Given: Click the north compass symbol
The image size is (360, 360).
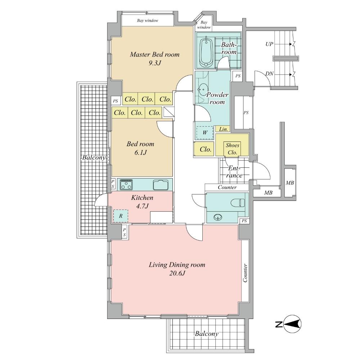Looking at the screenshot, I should (292, 325).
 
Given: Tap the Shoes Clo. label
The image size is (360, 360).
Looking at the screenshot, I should (232, 149).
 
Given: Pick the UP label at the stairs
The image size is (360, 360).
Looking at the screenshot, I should (269, 44).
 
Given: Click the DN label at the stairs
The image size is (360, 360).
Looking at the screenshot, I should (269, 73).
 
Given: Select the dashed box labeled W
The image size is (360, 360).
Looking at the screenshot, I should (204, 132).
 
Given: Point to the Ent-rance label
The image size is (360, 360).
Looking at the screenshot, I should (235, 172).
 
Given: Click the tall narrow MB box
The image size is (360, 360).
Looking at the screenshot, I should (290, 183).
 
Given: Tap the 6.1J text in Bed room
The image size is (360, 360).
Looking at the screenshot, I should (140, 152).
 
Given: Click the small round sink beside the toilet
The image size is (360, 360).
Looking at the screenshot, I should (217, 217).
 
